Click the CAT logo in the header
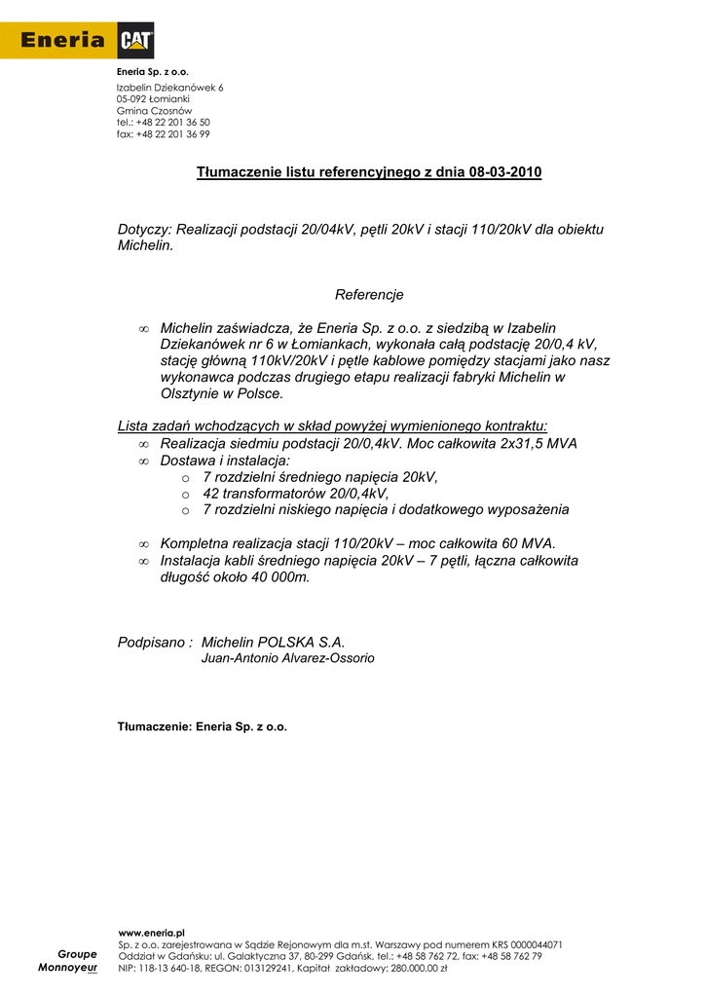click(x=135, y=40)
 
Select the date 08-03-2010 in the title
click(x=504, y=172)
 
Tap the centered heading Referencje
click(x=369, y=294)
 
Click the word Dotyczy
click(x=144, y=230)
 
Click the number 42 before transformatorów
click(x=211, y=493)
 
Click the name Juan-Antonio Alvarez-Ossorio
click(x=287, y=658)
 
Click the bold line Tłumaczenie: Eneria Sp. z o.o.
click(x=203, y=726)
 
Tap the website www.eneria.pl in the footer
click(x=152, y=933)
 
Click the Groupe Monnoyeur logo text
click(x=69, y=962)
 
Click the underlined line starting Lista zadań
click(x=332, y=425)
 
